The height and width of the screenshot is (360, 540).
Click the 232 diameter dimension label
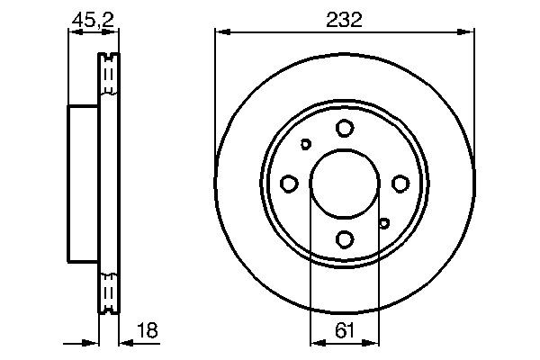pyautogui.click(x=344, y=19)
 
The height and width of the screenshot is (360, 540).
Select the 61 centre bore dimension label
pyautogui.click(x=344, y=329)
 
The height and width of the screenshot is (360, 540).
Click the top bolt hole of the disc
pyautogui.click(x=344, y=128)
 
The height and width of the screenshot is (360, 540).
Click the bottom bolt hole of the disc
pyautogui.click(x=344, y=239)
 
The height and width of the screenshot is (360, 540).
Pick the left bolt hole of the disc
pyautogui.click(x=289, y=184)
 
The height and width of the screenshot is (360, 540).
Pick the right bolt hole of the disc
pyautogui.click(x=399, y=184)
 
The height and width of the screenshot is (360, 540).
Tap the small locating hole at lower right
pyautogui.click(x=383, y=223)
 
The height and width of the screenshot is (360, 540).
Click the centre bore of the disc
pyautogui.click(x=344, y=184)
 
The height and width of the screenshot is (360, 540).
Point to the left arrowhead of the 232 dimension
pyautogui.click(x=220, y=33)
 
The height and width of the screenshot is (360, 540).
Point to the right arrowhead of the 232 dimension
pyautogui.click(x=468, y=33)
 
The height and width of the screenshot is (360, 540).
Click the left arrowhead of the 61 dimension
pyautogui.click(x=315, y=342)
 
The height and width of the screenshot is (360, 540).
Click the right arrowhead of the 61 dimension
pyautogui.click(x=373, y=342)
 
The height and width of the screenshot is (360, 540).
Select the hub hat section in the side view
pyautogui.click(x=83, y=184)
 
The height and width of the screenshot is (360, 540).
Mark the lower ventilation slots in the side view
pyautogui.click(x=109, y=291)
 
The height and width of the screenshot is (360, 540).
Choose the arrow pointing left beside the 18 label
pyautogui.click(x=126, y=342)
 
